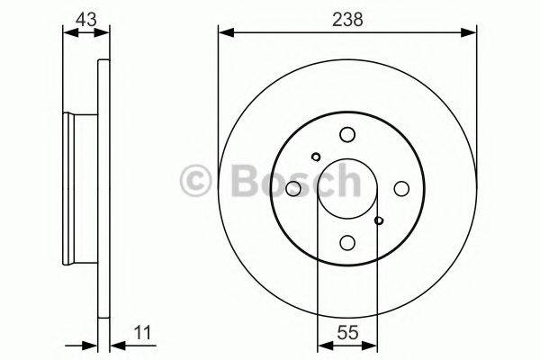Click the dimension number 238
[347, 19]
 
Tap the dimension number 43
[86, 19]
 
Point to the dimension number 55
[347, 332]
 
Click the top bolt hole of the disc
[347, 134]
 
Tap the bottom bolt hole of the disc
[347, 242]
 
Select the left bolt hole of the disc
[293, 188]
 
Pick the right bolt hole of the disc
[401, 188]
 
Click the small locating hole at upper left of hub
[316, 157]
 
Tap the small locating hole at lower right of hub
[379, 220]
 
